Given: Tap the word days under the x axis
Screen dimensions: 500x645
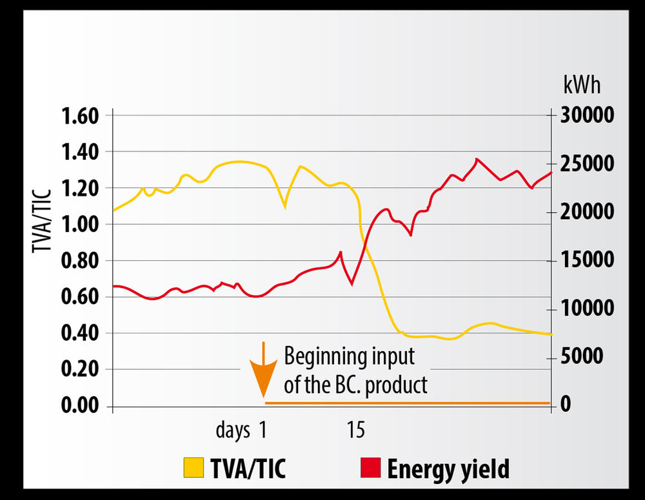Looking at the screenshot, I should click(x=233, y=430).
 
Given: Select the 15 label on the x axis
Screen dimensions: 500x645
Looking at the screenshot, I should click(x=355, y=430).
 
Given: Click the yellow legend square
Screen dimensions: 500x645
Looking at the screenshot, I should click(x=193, y=468).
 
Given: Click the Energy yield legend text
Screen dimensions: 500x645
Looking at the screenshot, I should click(x=448, y=469).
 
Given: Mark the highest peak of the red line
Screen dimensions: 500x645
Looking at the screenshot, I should click(x=477, y=159).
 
